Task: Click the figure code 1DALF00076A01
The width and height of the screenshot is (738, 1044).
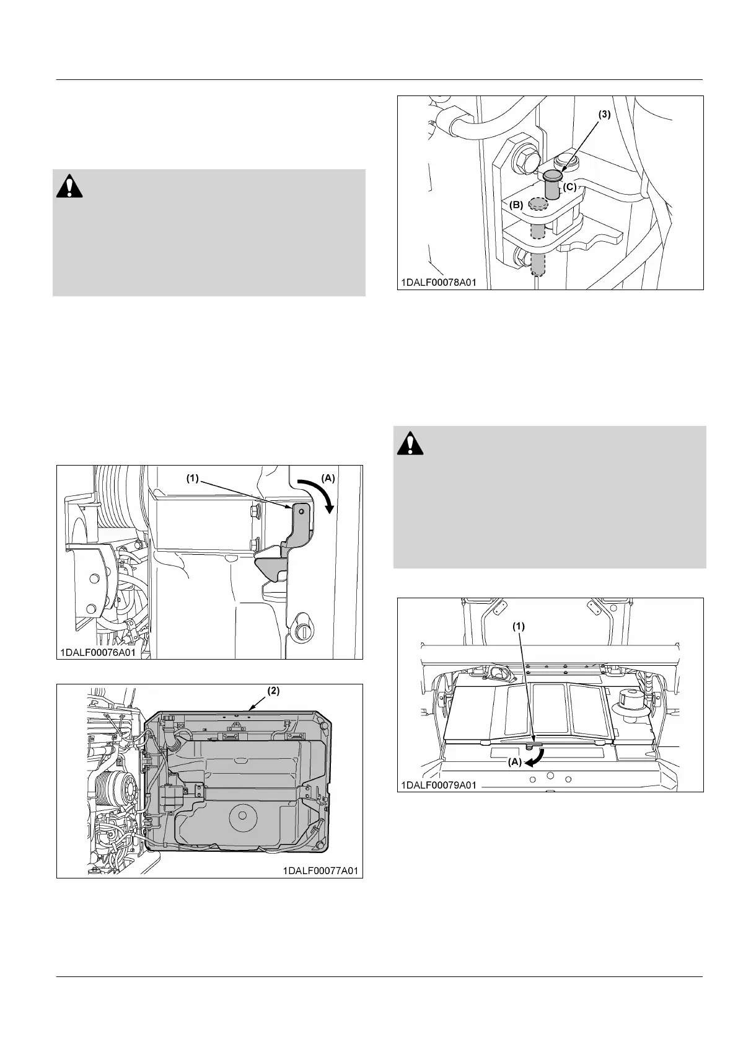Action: pyautogui.click(x=98, y=652)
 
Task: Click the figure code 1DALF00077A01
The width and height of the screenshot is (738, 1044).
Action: pyautogui.click(x=320, y=870)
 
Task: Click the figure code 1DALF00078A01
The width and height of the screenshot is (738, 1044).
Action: pyautogui.click(x=438, y=282)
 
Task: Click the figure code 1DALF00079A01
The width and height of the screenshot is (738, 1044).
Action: pyautogui.click(x=438, y=785)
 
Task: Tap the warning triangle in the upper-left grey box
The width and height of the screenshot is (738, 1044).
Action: pyautogui.click(x=69, y=186)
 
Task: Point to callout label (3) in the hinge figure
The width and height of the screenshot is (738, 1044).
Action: pyautogui.click(x=604, y=115)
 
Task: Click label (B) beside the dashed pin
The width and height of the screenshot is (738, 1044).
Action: pyautogui.click(x=516, y=204)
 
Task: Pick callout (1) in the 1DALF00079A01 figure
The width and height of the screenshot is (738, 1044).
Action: pyautogui.click(x=518, y=626)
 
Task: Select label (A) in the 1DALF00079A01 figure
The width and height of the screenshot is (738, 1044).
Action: pyautogui.click(x=515, y=763)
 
